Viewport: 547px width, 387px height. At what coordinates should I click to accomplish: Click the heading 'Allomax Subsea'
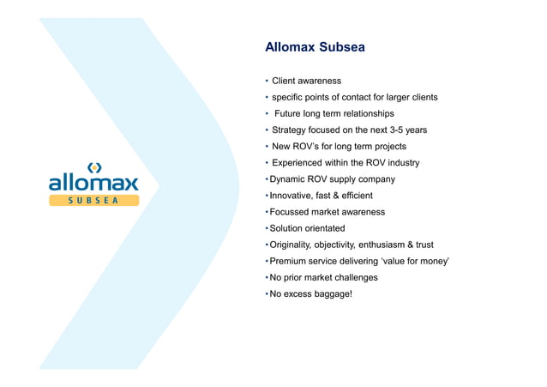315,47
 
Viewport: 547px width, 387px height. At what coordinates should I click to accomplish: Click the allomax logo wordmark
93,182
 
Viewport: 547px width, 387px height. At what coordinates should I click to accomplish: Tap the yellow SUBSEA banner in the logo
93,200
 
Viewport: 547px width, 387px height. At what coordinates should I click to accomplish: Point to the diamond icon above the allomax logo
93,166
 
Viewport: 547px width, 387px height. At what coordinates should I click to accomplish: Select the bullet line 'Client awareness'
306,81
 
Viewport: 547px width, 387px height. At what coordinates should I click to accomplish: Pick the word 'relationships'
366,113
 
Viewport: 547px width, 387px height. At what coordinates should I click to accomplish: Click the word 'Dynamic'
288,179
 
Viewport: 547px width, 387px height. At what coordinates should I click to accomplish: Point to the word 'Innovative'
293,196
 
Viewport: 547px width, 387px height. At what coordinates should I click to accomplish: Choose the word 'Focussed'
292,212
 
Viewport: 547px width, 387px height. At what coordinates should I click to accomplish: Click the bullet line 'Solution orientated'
307,228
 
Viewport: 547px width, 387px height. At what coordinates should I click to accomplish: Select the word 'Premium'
290,261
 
